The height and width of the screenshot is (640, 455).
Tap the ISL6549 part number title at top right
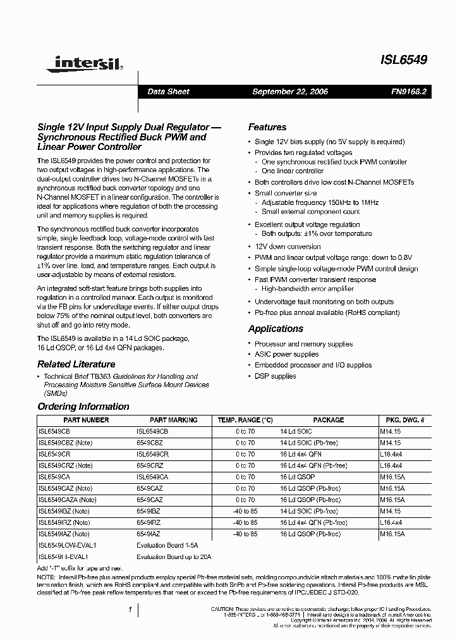click(404, 60)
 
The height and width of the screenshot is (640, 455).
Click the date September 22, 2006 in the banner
click(290, 92)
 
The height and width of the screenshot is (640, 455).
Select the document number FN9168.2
click(409, 92)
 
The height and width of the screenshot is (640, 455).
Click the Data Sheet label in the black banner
click(168, 92)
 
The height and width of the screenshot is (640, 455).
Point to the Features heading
click(267, 127)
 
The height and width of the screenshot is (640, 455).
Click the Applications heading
click(276, 329)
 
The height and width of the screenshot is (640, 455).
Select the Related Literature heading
click(76, 364)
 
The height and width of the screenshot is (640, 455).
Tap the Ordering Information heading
click(83, 407)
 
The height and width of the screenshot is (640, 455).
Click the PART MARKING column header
click(173, 420)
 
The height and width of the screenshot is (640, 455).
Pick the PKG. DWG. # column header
click(404, 420)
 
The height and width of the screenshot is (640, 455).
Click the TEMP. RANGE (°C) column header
click(245, 420)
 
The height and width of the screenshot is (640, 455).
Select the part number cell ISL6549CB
click(54, 431)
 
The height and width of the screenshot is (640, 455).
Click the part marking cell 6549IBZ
click(149, 511)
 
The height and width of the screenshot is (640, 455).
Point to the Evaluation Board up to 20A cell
click(173, 557)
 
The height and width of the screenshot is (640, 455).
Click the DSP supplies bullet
click(275, 376)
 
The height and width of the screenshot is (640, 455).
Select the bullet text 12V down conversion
click(288, 247)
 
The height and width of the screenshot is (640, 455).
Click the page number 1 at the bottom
click(130, 610)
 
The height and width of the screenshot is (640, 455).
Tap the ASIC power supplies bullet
click(286, 355)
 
